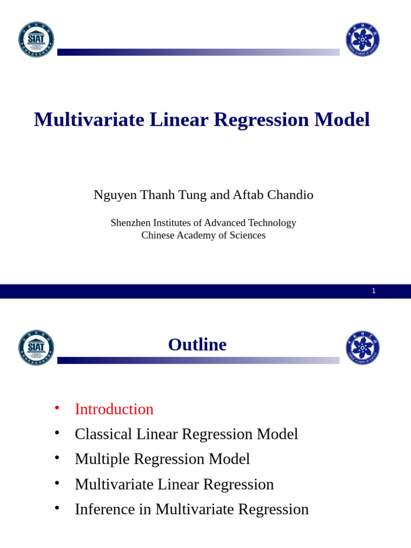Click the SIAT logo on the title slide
36,40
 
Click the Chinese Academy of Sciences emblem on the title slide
362,40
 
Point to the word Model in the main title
342,119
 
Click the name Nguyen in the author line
115,195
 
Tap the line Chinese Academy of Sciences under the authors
203,235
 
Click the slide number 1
374,291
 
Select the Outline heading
197,345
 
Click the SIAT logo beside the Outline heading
36,347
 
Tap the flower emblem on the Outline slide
362,347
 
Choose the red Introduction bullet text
114,409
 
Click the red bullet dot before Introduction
57,408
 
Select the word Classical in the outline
104,434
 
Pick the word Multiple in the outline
102,459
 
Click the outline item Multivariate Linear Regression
174,484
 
